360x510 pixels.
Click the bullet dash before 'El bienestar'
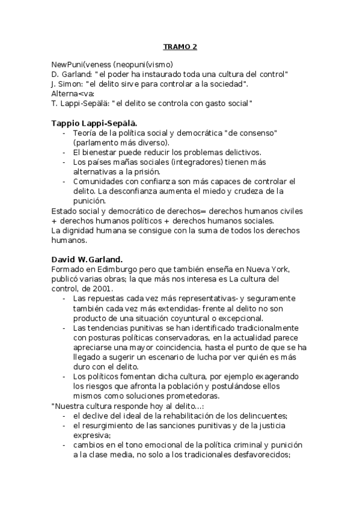[x=64, y=152]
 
